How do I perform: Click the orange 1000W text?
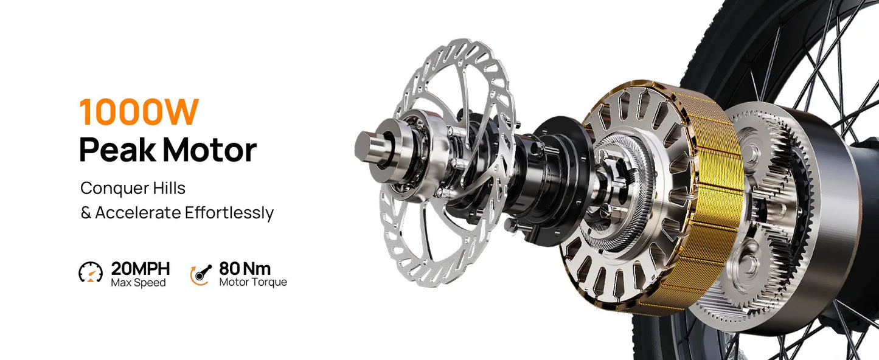[x=139, y=112]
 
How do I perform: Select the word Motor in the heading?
[x=209, y=150]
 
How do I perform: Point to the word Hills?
[x=169, y=188]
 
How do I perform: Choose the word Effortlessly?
[x=229, y=213]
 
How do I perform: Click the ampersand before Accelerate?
[x=86, y=213]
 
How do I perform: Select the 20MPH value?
[x=140, y=269]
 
